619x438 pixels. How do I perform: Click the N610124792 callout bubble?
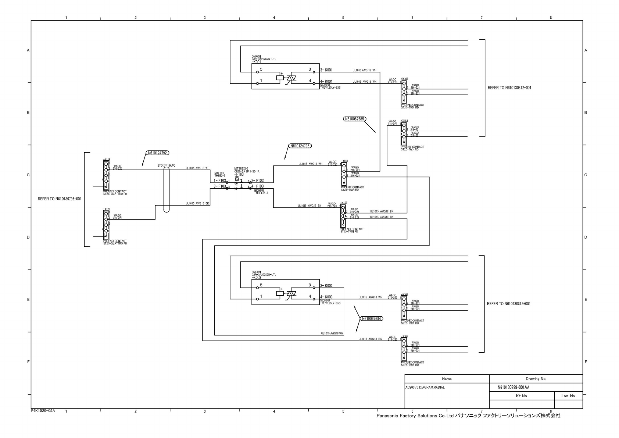(x=158, y=153)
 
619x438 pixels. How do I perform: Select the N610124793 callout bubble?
(x=300, y=146)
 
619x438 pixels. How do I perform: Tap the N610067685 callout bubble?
(x=354, y=119)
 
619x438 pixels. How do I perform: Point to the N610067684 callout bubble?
(x=371, y=318)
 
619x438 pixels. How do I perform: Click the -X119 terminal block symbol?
(x=106, y=175)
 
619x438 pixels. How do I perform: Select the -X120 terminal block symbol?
(x=106, y=225)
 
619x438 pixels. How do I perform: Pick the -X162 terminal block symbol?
(x=404, y=92)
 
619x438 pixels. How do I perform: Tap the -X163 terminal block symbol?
(x=404, y=133)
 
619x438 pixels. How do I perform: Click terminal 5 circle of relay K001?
(x=257, y=72)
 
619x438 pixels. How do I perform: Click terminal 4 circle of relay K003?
(x=314, y=299)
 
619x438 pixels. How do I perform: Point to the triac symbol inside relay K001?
(x=291, y=78)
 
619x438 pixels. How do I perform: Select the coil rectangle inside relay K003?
(x=280, y=293)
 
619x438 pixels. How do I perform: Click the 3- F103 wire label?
(x=220, y=186)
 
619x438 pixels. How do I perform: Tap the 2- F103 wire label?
(x=257, y=181)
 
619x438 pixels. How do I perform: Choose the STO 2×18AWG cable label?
(x=167, y=165)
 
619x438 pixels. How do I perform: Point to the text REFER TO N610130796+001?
(x=60, y=199)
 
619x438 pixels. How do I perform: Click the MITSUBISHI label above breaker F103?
(x=241, y=168)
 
